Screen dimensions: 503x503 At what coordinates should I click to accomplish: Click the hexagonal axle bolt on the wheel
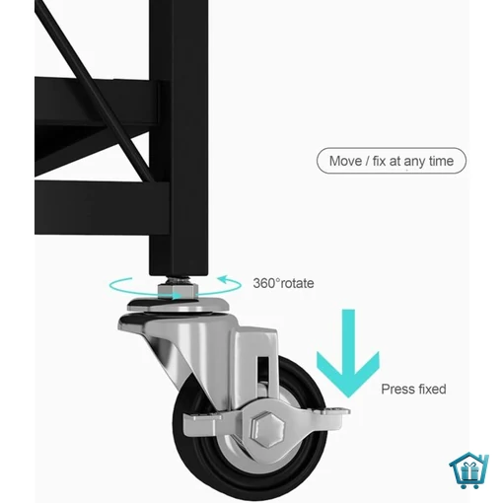coord(267,429)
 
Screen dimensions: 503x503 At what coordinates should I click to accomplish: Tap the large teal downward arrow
coord(348,353)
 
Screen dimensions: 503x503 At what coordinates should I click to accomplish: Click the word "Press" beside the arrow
coord(395,390)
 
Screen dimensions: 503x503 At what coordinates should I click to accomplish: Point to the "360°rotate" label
coord(283,283)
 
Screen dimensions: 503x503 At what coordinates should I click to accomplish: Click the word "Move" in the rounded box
coord(345,161)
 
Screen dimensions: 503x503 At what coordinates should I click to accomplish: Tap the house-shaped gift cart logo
coord(469,471)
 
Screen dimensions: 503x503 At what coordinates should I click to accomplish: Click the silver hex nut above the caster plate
coord(178,291)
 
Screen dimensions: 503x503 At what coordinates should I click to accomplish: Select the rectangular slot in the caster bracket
coord(263,370)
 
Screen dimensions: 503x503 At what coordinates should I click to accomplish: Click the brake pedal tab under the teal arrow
coord(333,411)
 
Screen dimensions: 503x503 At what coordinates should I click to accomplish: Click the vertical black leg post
coord(179,138)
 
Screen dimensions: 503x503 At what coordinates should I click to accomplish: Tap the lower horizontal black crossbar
coord(102,208)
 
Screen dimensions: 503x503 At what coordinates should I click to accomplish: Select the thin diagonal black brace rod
coord(93,89)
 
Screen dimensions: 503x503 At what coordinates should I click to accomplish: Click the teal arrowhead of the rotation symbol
coord(224,280)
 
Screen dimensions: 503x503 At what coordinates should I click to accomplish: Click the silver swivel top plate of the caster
coord(179,305)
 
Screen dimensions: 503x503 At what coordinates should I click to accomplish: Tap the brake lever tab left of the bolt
coord(201,424)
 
